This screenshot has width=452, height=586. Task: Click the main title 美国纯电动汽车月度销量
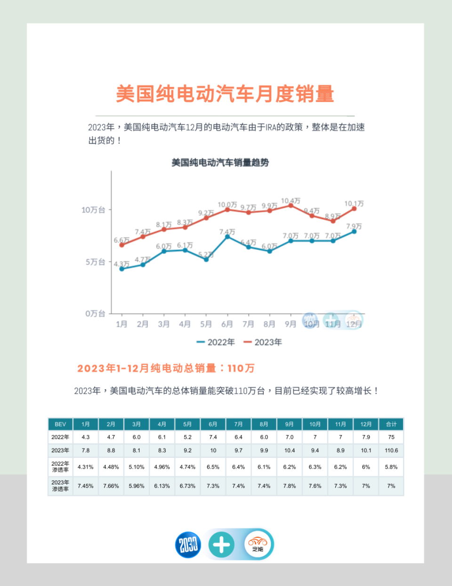225,94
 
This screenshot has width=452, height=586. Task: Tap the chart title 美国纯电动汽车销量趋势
220,163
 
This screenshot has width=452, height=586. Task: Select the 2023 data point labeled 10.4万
291,206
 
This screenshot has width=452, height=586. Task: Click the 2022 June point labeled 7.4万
227,237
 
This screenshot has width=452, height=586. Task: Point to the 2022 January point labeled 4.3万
121,269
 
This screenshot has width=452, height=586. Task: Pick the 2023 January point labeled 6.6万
121,245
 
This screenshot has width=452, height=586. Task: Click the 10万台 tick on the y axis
93,210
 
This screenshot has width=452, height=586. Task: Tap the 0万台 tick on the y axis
95,314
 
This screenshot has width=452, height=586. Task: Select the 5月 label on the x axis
206,324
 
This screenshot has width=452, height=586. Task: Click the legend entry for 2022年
215,342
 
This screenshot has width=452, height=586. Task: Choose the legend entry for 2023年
262,342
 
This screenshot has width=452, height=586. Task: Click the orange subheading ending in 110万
166,368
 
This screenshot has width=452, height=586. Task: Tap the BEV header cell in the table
60,424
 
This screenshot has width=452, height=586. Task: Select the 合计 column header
391,424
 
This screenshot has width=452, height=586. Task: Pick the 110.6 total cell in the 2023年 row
391,450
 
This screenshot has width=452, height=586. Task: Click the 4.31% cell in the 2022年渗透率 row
86,467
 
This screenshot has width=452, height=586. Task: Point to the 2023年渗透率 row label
60,486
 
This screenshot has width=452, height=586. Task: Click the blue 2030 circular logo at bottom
188,545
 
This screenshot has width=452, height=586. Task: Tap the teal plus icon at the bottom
221,545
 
